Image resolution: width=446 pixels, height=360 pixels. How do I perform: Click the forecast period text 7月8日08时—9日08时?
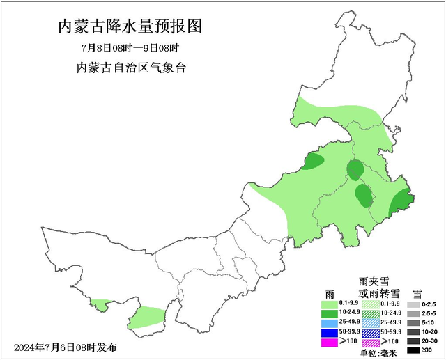click(x=130, y=49)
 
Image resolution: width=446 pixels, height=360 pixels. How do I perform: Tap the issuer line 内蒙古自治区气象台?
click(x=130, y=68)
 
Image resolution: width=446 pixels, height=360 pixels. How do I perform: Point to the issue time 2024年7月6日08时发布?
click(x=66, y=347)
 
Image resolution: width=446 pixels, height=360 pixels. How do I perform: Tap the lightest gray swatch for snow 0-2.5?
click(x=413, y=305)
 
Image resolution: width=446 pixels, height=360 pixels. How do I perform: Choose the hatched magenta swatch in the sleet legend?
click(x=371, y=342)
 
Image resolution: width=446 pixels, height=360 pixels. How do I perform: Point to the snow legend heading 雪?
click(x=417, y=293)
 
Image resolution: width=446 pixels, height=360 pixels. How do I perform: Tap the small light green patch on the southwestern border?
click(x=102, y=304)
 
